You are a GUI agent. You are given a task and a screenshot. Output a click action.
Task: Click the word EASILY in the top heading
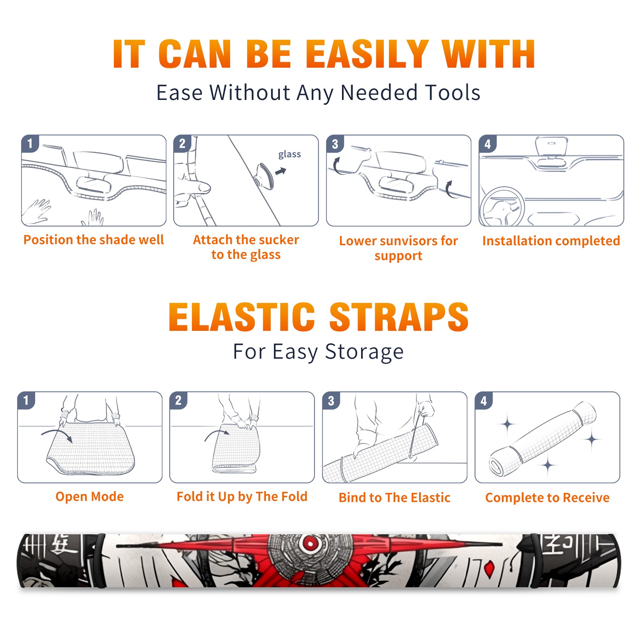pos(367,54)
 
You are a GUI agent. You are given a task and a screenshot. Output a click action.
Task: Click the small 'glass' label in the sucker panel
pos(289,154)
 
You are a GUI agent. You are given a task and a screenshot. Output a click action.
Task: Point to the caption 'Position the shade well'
pos(94,240)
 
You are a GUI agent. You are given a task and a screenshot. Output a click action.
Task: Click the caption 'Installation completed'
pos(551,241)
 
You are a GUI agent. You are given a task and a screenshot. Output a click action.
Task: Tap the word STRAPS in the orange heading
pos(399,317)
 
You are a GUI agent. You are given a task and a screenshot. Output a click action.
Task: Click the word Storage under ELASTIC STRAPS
pos(364,352)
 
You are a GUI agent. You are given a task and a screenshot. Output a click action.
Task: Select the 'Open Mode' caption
pos(90,496)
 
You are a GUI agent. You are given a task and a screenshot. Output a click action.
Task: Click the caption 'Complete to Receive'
pos(547,498)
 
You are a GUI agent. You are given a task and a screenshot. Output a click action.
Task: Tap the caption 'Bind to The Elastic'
pos(395,498)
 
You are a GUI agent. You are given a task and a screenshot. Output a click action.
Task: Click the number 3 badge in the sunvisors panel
pos(335,144)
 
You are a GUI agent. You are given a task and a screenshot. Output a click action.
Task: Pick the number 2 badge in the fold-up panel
pos(178,401)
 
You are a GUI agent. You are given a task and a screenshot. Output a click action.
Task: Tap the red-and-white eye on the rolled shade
pos(310,542)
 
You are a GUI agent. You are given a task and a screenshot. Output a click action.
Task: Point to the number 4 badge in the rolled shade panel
pos(484,401)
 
